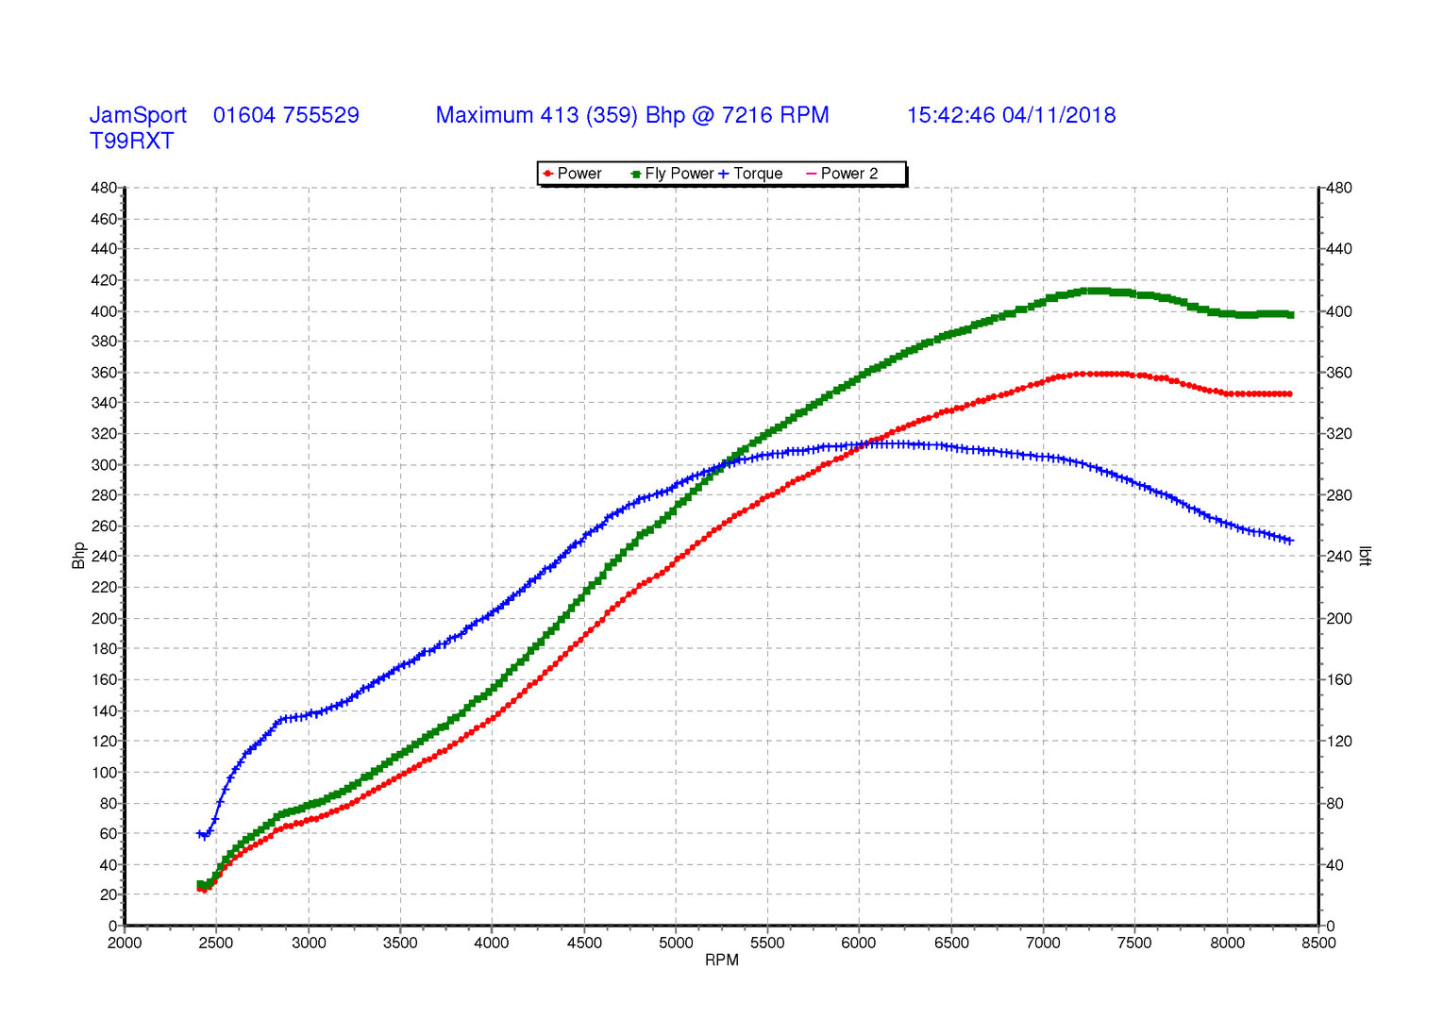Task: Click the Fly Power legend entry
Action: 672,174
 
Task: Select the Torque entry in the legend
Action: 750,174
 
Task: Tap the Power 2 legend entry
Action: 842,174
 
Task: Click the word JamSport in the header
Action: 138,115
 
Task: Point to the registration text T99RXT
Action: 131,142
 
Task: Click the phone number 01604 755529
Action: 286,115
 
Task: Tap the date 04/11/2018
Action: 1058,115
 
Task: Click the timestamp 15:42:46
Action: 951,115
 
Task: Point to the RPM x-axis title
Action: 721,961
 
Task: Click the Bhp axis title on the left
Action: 78,555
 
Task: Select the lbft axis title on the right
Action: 1365,555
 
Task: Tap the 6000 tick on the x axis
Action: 859,943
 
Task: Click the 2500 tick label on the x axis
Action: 216,943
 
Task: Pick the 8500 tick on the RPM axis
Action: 1318,943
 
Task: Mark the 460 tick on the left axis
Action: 104,219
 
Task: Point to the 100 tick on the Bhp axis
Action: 104,773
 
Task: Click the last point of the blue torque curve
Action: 1290,541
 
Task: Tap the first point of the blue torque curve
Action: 199,833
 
